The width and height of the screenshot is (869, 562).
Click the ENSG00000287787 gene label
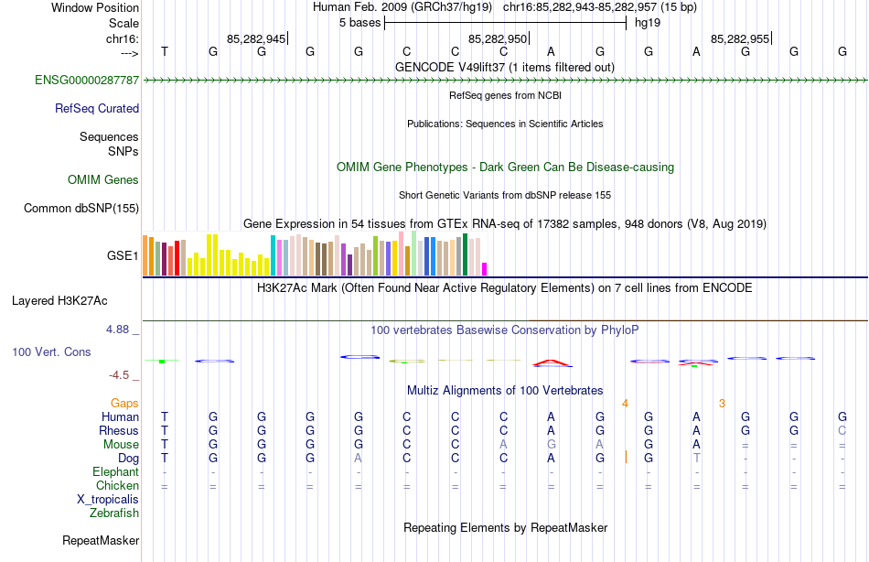(87, 81)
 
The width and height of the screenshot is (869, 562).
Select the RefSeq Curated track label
(97, 108)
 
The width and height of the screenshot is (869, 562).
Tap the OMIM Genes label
(103, 179)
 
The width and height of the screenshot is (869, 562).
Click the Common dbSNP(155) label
(81, 208)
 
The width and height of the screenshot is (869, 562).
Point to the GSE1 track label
(123, 255)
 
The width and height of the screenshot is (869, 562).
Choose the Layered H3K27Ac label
(59, 300)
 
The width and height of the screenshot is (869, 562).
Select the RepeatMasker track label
(101, 541)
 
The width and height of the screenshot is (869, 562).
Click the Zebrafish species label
(114, 513)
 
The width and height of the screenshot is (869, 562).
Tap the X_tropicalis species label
(108, 500)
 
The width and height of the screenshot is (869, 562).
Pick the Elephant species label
(116, 472)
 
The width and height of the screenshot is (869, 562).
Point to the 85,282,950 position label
(498, 38)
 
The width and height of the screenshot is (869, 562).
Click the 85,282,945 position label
(256, 38)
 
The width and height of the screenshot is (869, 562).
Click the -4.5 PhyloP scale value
(123, 374)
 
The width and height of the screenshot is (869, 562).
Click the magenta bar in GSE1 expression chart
(484, 268)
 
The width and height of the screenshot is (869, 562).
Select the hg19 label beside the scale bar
(648, 23)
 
